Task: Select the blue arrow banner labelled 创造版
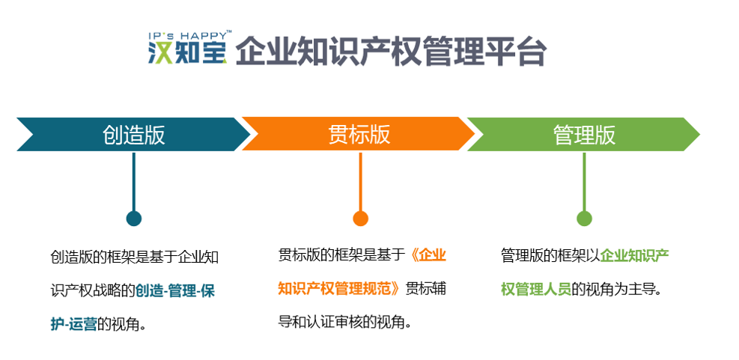(133, 134)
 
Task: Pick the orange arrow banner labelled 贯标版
(359, 134)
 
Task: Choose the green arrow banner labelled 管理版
(583, 134)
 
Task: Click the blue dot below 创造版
(134, 218)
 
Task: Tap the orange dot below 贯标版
(361, 218)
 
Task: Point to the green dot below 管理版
(585, 218)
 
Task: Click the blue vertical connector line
(134, 181)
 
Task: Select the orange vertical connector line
(361, 181)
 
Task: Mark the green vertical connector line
(585, 181)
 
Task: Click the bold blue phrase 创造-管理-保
(175, 290)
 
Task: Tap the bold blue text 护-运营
(73, 324)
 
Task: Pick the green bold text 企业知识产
(634, 255)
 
